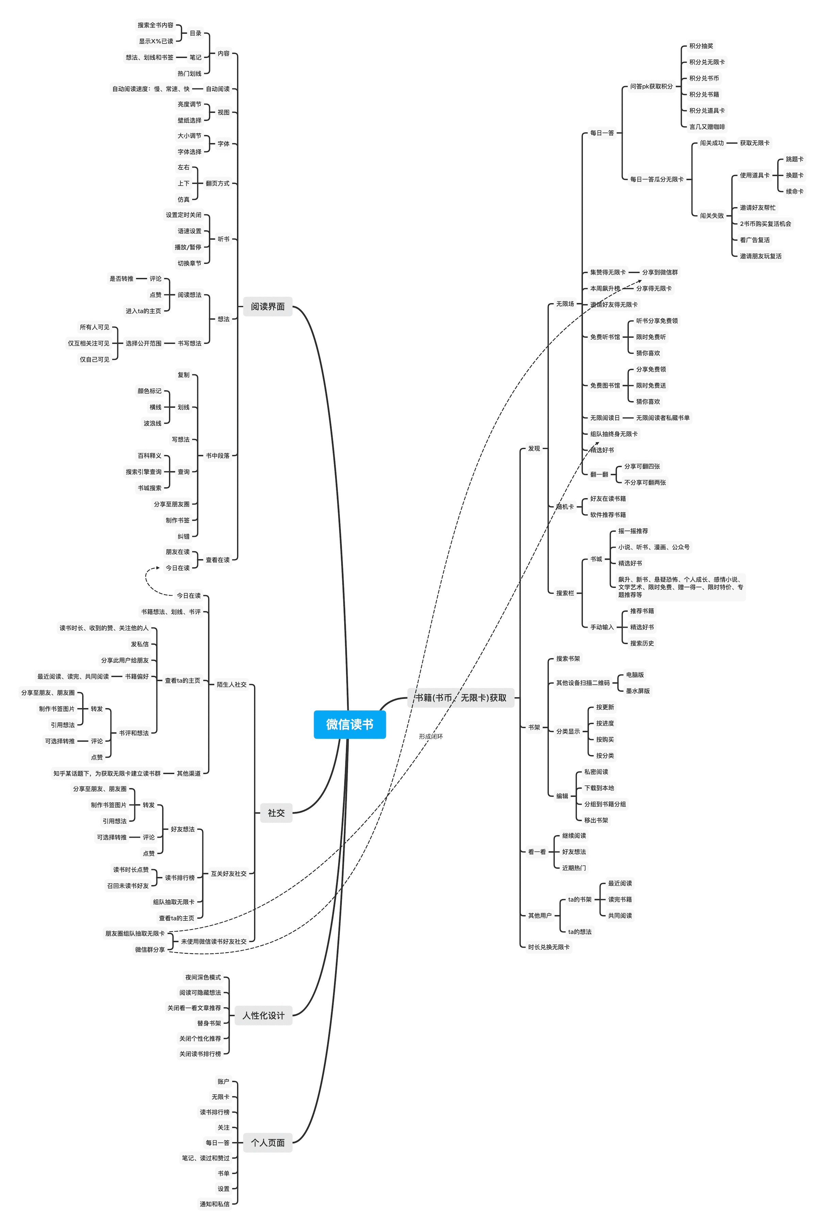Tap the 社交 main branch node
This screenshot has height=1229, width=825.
coord(276,813)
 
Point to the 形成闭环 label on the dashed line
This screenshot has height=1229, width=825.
coord(431,737)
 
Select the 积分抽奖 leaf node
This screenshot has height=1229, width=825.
coord(701,46)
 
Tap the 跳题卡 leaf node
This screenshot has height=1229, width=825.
coord(794,159)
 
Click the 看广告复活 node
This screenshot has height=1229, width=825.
coord(755,240)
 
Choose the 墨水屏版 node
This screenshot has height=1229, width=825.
coord(638,691)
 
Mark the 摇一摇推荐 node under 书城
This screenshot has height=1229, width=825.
coord(633,531)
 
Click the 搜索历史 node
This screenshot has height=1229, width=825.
coord(642,643)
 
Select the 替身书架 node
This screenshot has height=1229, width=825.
coord(209,1023)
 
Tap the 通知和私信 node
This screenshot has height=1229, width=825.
coord(215,1204)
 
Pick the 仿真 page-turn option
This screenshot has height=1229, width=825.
coord(184,199)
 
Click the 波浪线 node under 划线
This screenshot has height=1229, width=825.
coord(152,423)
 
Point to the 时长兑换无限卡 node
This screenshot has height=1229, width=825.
coord(549,947)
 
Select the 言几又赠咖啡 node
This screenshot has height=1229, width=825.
coord(707,127)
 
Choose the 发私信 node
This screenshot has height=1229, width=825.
coord(140,644)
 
